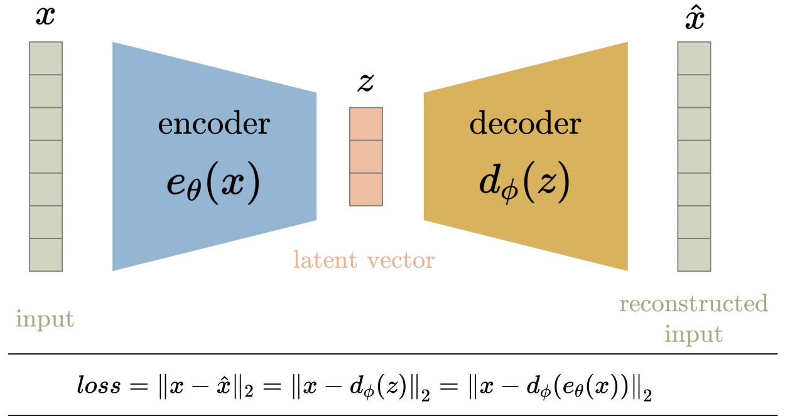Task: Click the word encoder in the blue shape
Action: (x=214, y=124)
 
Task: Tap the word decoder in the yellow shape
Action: (x=525, y=124)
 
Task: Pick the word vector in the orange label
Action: (x=398, y=260)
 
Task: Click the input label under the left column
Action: (x=45, y=319)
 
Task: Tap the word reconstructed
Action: (x=693, y=304)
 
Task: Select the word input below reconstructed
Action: (x=693, y=334)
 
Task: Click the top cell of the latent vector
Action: (x=365, y=124)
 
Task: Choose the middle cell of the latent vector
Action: (x=365, y=156)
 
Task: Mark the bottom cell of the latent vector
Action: (x=365, y=189)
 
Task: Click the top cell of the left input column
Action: (x=46, y=58)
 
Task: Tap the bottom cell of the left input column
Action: (x=46, y=255)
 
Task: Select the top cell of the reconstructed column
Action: (x=694, y=58)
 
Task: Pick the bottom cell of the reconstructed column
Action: (x=694, y=255)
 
